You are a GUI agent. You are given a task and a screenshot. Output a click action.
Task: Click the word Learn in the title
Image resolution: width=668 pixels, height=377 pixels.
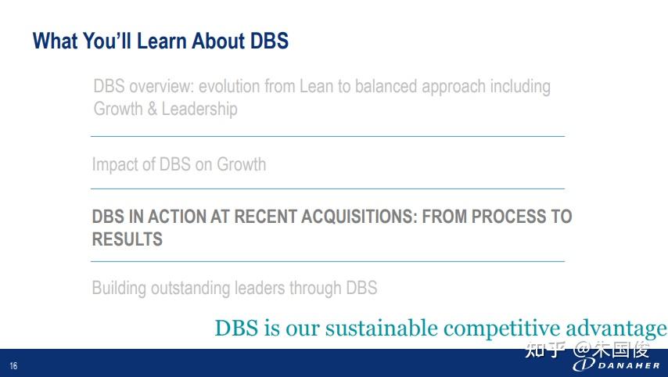pyautogui.click(x=161, y=41)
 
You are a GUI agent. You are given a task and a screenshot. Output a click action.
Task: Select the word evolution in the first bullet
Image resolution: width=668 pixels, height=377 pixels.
pyautogui.click(x=229, y=87)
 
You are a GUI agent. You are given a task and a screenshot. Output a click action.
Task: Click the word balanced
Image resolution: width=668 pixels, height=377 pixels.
pyautogui.click(x=386, y=87)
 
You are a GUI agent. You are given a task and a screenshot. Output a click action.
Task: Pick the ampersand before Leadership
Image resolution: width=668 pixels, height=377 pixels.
pyautogui.click(x=152, y=109)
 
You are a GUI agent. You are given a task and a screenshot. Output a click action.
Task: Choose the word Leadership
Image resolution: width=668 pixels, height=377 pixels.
pyautogui.click(x=199, y=110)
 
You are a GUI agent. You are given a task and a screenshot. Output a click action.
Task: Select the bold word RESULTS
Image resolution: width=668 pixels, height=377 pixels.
pyautogui.click(x=127, y=239)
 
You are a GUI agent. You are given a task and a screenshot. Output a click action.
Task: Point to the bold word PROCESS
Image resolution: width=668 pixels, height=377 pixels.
pyautogui.click(x=508, y=217)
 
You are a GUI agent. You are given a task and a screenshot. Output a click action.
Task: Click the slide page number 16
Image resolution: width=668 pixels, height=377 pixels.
pyautogui.click(x=13, y=365)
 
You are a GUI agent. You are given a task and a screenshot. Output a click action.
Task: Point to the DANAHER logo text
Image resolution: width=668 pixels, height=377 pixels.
pyautogui.click(x=629, y=365)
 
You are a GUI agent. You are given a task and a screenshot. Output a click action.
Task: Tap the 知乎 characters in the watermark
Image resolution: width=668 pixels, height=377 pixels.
pyautogui.click(x=545, y=350)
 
